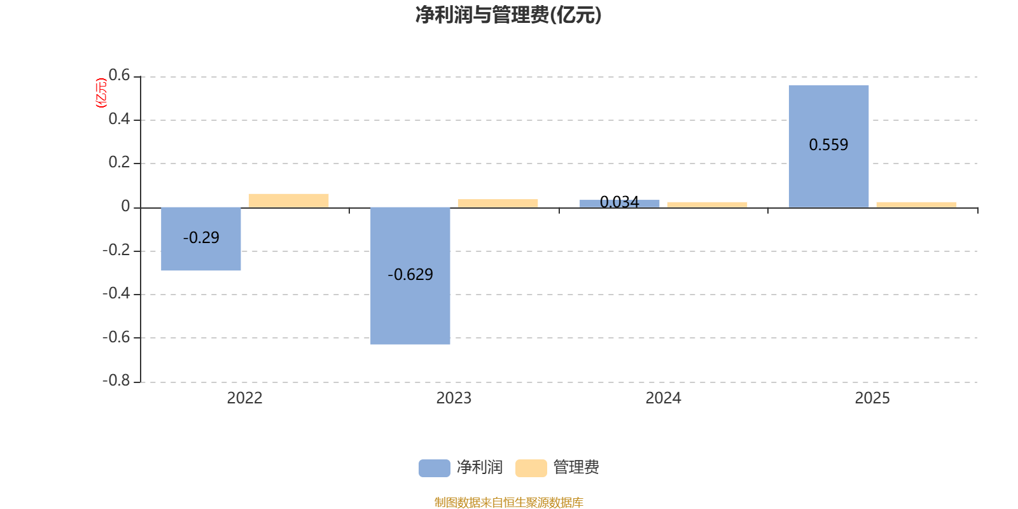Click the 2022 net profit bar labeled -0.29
201,239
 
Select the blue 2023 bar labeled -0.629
410,275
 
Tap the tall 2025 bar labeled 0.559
828,146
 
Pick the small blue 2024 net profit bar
620,204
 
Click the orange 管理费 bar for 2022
289,200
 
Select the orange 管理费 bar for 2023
498,204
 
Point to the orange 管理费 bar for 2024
707,204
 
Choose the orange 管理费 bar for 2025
916,204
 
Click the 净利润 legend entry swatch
434,468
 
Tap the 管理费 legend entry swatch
531,468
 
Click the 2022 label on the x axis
245,398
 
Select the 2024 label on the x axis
663,398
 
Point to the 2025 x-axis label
872,398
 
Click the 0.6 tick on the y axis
119,76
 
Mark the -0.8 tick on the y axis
116,381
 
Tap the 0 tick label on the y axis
125,207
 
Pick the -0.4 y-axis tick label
116,294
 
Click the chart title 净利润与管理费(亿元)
508,15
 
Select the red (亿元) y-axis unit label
101,93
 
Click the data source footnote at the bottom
508,503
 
